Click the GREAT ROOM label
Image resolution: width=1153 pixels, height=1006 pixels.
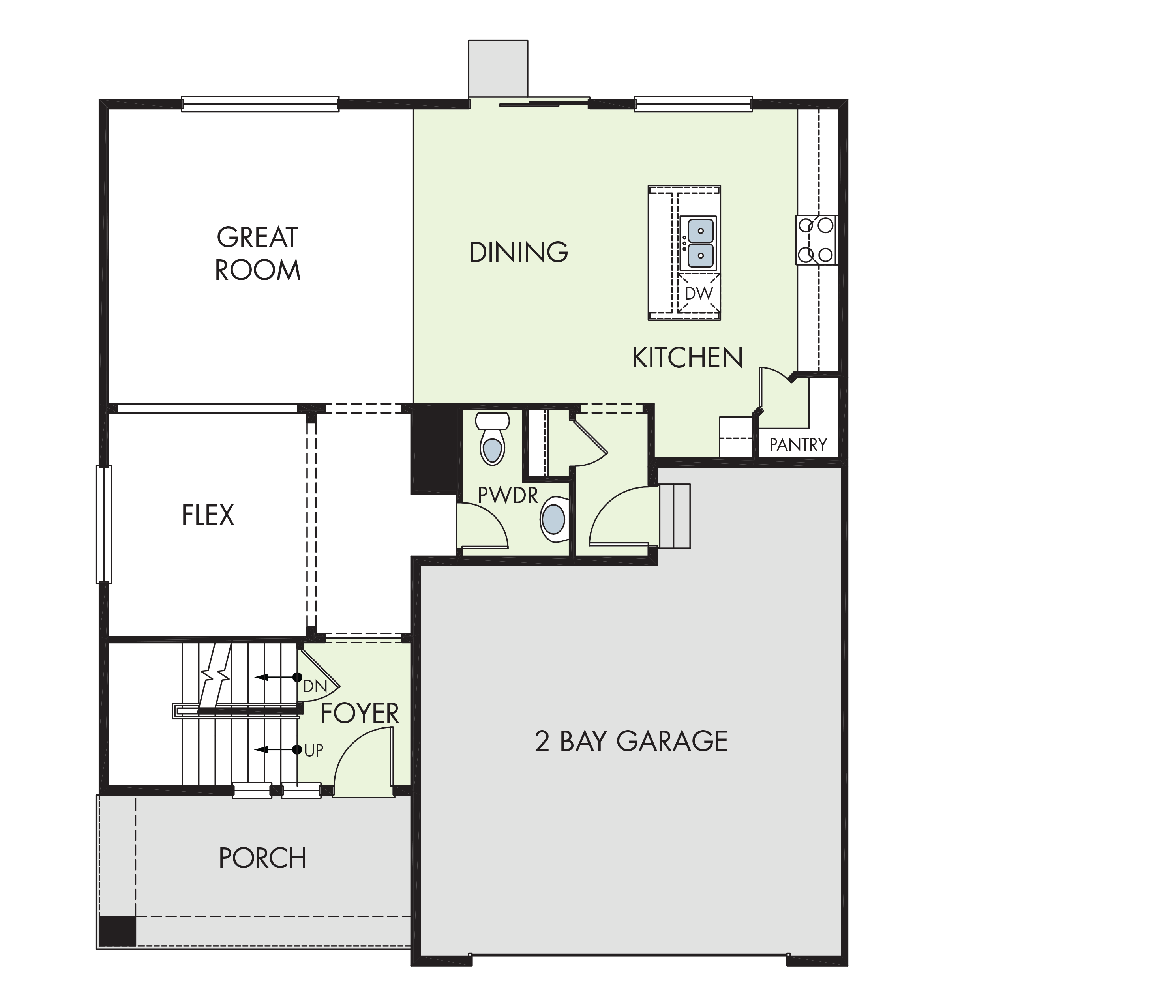258,254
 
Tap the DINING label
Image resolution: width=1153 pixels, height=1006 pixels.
519,252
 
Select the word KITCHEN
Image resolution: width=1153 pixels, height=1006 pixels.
688,358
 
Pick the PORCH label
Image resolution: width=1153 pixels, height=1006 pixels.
263,858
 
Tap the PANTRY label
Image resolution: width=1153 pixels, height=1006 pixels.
798,445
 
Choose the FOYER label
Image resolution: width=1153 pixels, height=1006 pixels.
360,714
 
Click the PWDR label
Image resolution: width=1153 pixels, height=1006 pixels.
508,495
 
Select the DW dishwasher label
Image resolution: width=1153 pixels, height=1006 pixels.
699,292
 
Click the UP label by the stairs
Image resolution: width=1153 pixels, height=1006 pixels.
314,750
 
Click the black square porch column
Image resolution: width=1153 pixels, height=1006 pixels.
117,931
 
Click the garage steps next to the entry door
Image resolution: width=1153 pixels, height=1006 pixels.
674,516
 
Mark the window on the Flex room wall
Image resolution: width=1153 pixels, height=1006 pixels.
104,525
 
